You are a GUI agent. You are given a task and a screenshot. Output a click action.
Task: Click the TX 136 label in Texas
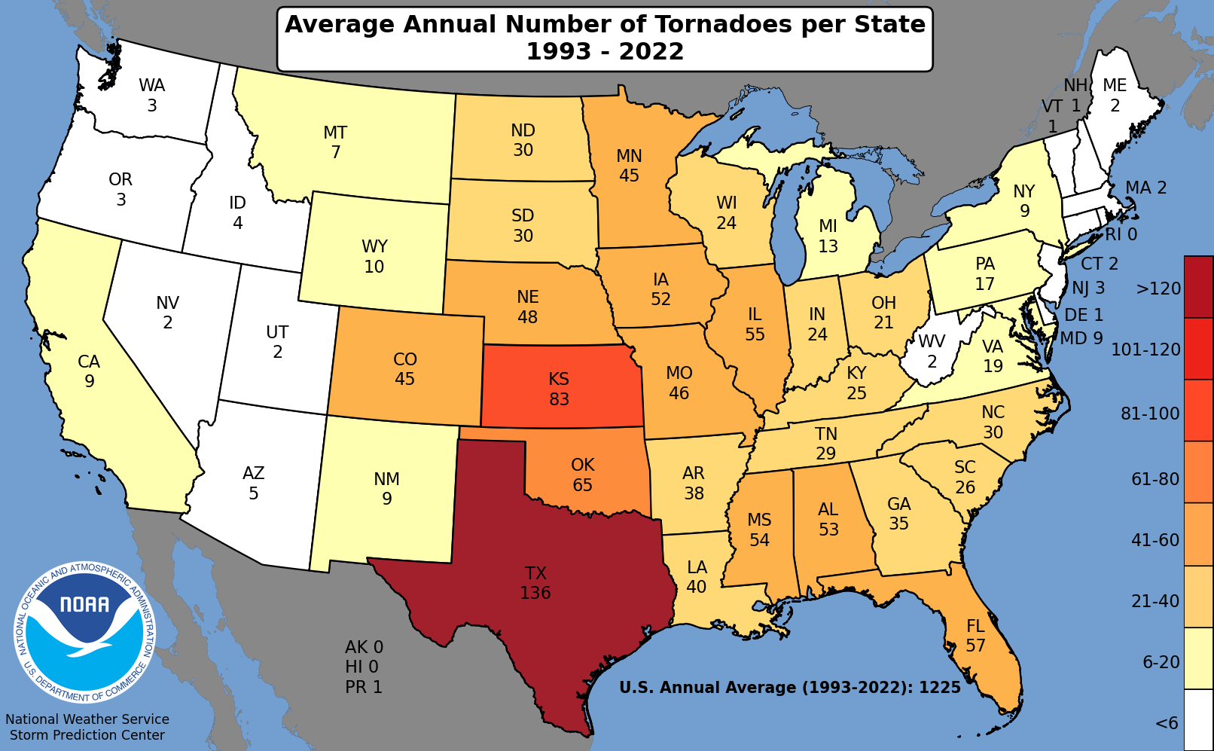click(x=535, y=583)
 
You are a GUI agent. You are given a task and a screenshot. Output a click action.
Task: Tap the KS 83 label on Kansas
click(x=559, y=389)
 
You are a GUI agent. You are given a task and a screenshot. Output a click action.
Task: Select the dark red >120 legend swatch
click(x=1198, y=287)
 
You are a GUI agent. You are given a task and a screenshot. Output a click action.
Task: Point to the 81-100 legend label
click(x=1150, y=414)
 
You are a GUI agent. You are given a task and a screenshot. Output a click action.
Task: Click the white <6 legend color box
click(x=1198, y=720)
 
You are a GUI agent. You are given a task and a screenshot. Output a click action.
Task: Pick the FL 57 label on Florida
click(x=975, y=636)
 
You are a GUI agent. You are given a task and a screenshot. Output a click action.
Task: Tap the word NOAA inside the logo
click(x=84, y=605)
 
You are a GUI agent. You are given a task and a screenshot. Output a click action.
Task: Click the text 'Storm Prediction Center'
click(x=87, y=735)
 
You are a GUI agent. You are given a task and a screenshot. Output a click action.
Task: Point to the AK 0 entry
click(x=364, y=647)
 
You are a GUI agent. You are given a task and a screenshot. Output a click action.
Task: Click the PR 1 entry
click(x=364, y=687)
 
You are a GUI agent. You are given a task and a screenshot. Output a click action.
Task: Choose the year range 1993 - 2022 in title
click(x=605, y=52)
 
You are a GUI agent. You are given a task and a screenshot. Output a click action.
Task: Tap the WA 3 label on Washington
click(x=152, y=95)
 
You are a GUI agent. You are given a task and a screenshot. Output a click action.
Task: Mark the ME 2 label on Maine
click(x=1115, y=95)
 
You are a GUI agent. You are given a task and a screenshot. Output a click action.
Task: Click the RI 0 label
click(x=1121, y=235)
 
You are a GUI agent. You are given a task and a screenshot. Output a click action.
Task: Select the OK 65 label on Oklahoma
click(x=582, y=475)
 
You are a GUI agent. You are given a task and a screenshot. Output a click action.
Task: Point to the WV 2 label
click(x=932, y=351)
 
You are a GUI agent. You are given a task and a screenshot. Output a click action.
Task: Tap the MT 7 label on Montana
click(x=335, y=142)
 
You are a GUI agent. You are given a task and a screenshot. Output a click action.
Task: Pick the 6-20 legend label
click(x=1161, y=662)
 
